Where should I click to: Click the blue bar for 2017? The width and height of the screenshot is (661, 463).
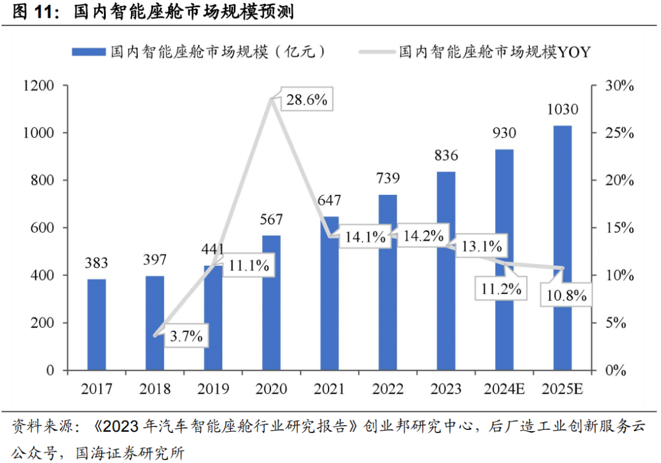96,325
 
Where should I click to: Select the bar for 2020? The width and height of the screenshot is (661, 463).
272,303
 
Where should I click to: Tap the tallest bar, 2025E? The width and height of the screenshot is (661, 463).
562,248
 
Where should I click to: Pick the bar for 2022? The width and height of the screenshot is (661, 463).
387,282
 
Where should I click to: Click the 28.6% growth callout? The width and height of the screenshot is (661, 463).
307,100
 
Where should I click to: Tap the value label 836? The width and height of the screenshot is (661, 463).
446,156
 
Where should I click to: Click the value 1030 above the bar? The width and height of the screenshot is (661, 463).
562,110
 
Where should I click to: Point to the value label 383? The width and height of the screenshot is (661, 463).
96,263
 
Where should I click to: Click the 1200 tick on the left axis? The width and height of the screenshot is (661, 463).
39,86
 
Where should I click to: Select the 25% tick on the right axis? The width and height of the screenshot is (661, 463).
615,134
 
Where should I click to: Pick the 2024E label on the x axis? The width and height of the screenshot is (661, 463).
504,389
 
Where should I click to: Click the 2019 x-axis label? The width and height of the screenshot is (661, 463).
213,389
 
